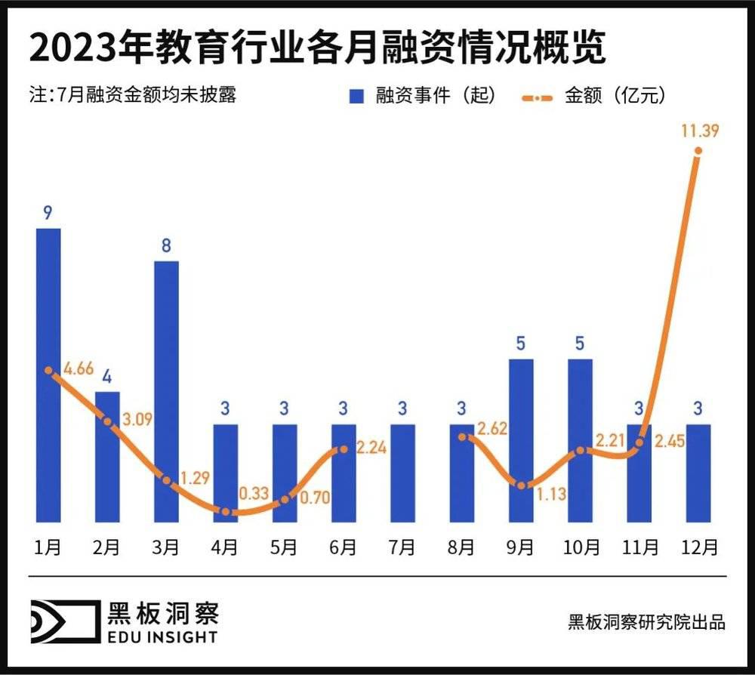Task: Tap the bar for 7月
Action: point(402,473)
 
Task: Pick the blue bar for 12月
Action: point(698,473)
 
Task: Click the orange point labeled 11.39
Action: point(698,151)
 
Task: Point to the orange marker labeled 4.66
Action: point(49,371)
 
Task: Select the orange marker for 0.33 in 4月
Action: point(226,511)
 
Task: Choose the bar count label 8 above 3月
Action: point(167,245)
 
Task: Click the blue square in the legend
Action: point(356,97)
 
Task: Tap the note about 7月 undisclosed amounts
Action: point(133,96)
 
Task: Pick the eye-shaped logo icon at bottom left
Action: point(64,621)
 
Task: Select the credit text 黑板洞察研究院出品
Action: point(646,622)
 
